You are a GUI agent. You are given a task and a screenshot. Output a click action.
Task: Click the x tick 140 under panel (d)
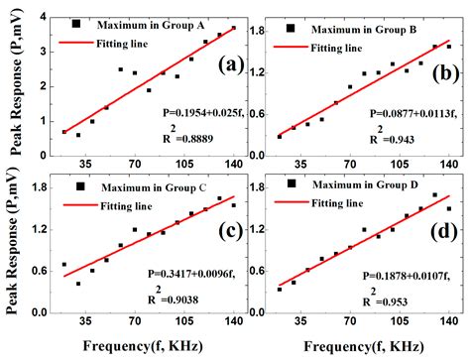click(x=448, y=322)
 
